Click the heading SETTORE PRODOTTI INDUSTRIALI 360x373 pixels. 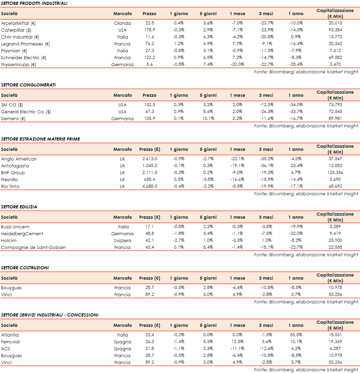click(34, 3)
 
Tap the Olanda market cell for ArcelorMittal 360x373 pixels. click(122, 23)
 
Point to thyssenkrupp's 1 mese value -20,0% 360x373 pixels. click(237, 64)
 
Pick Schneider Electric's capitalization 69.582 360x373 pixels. click(335, 58)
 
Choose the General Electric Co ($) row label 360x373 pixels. click(26, 112)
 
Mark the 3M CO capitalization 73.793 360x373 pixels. click(335, 105)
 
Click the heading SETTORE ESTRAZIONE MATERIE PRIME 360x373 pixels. click(40, 139)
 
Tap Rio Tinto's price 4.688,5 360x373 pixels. click(150, 186)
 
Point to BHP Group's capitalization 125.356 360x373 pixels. click(335, 173)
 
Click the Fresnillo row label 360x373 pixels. click(9, 179)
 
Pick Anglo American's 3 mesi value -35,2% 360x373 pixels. click(266, 159)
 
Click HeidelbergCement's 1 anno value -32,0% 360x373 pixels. click(296, 234)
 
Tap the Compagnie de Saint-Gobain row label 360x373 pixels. click(33, 247)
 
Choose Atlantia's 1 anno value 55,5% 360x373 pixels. click(296, 335)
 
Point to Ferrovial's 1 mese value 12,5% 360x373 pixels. click(237, 342)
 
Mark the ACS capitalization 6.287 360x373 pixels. click(335, 349)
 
